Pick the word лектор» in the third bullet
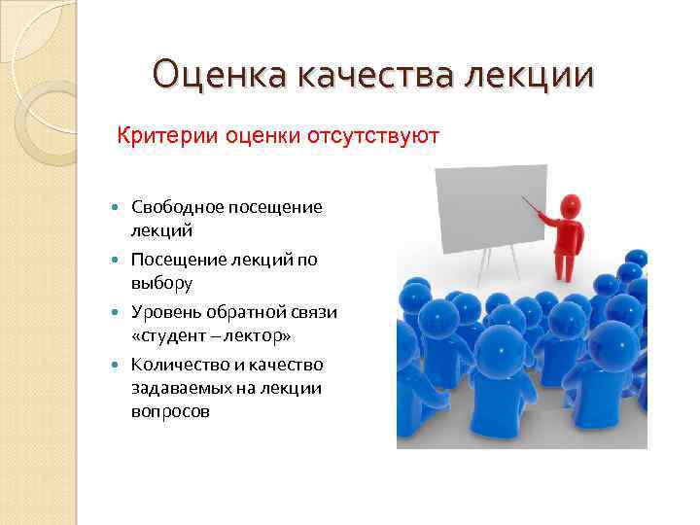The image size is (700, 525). pyautogui.click(x=260, y=335)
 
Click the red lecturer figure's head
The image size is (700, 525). pyautogui.click(x=570, y=206)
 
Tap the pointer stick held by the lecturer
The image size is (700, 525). pyautogui.click(x=532, y=207)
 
